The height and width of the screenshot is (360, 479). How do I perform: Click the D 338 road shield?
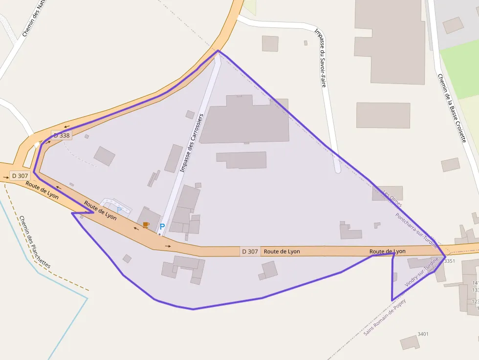pyautogui.click(x=62, y=135)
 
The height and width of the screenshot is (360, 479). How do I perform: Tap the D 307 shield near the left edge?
pyautogui.click(x=20, y=175)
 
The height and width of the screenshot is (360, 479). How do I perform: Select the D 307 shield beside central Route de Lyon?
pyautogui.click(x=250, y=252)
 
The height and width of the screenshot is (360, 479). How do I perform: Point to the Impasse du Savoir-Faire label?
pyautogui.click(x=320, y=58)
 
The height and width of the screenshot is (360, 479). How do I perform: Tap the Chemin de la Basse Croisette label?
pyautogui.click(x=452, y=107)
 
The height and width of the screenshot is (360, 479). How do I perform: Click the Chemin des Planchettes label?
pyautogui.click(x=34, y=242)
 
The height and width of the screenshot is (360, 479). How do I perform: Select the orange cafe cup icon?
pyautogui.click(x=146, y=225)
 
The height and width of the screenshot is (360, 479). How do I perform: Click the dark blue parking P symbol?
pyautogui.click(x=162, y=227)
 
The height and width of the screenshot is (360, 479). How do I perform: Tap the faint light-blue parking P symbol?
pyautogui.click(x=119, y=210)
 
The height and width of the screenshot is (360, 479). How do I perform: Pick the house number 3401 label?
pyautogui.click(x=423, y=334)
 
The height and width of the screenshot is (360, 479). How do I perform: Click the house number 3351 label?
pyautogui.click(x=449, y=261)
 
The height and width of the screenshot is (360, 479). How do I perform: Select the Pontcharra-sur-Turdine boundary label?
pyautogui.click(x=416, y=230)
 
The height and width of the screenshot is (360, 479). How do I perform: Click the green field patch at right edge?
pyautogui.click(x=462, y=68)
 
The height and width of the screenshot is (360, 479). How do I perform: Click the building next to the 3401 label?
pyautogui.click(x=410, y=342)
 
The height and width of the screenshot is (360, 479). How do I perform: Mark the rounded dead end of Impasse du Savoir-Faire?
pyautogui.click(x=337, y=170)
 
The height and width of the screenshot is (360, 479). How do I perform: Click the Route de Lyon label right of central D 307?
pyautogui.click(x=282, y=252)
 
